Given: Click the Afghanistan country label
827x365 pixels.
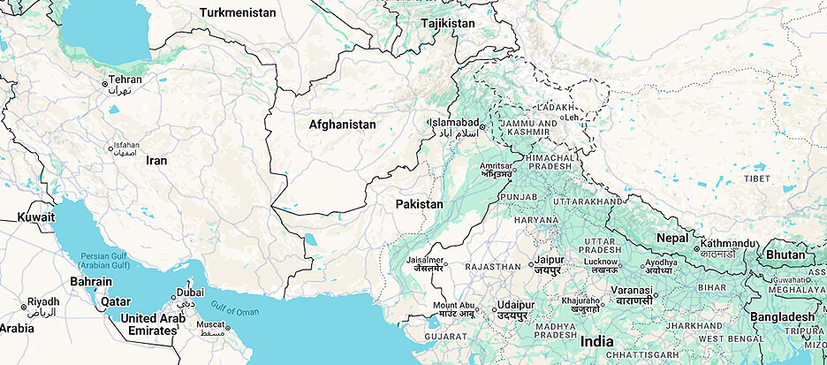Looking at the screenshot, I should [342, 125].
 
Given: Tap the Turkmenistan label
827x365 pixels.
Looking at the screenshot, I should [238, 13].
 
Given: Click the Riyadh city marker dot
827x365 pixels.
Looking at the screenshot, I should [23, 307].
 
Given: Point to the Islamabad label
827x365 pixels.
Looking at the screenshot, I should [457, 123].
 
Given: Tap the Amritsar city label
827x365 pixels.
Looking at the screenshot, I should [495, 166].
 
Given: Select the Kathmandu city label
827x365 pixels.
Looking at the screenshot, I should [729, 243].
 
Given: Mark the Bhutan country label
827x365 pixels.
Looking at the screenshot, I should [785, 255].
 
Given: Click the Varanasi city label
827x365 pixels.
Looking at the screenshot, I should [634, 289].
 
